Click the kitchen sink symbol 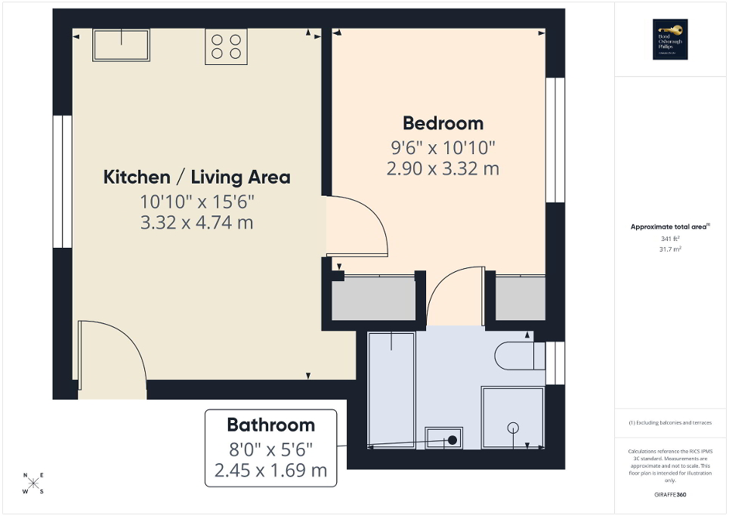pos(121,45)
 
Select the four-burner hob pos(226,46)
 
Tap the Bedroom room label pos(443,123)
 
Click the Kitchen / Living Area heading pos(196,178)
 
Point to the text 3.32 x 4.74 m pos(196,223)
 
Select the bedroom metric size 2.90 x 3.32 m pos(443,168)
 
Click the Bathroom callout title pos(270,425)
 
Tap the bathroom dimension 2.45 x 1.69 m pos(270,470)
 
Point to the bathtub pos(391,389)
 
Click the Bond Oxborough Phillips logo pos(667,40)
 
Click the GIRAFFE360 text pos(672,494)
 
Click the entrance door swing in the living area pos(112,355)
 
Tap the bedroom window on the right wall pos(555,140)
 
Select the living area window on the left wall pos(57,181)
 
